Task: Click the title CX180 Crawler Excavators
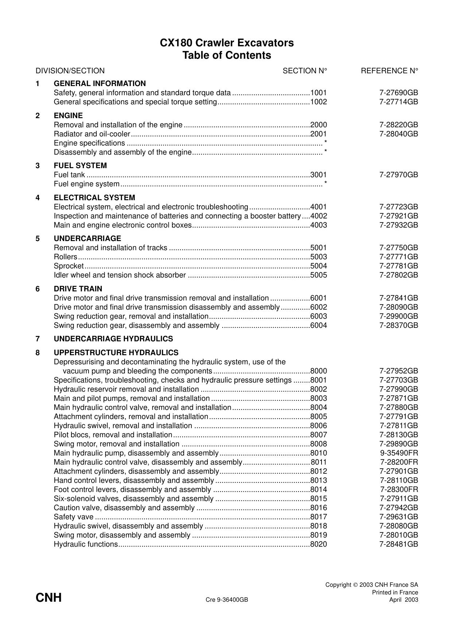point(226,43)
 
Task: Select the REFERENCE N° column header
point(389,71)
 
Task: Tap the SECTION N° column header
point(305,71)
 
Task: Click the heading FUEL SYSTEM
point(80,166)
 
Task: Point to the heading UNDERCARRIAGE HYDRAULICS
point(113,339)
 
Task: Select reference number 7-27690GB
point(398,93)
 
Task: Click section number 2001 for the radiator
point(318,134)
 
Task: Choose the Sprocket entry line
point(69,266)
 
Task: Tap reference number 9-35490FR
point(399,453)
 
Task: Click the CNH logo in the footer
point(48,598)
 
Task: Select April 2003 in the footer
point(404,600)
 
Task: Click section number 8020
point(318,544)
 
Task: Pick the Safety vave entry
point(74,517)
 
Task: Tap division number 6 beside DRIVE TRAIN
point(38,289)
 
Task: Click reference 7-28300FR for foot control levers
point(399,489)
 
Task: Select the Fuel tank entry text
point(69,175)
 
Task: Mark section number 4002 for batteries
point(318,216)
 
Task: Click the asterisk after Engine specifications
point(325,143)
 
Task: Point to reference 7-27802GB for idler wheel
point(398,275)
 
